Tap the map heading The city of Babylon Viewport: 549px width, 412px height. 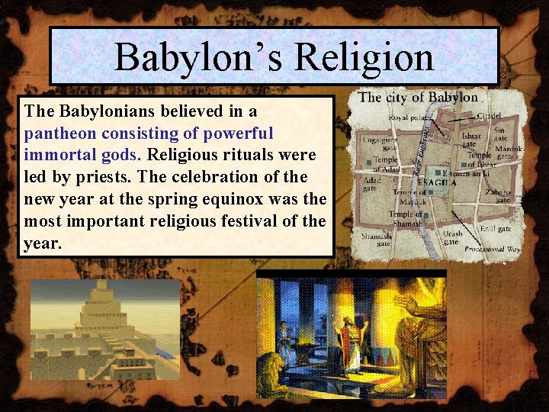pos(418,97)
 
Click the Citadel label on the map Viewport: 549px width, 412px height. pos(489,116)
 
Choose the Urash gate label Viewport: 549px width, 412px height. pos(453,237)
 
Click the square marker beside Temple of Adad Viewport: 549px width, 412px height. pos(368,163)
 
